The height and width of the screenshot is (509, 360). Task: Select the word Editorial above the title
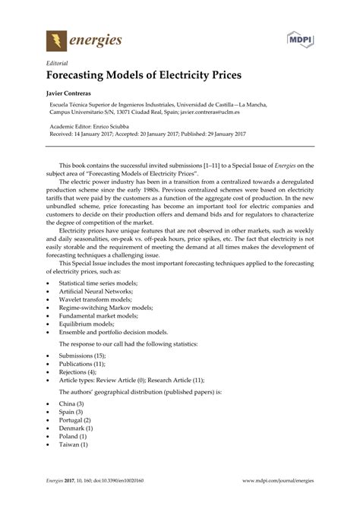[59, 64]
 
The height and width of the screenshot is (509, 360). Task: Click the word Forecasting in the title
[84, 77]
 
